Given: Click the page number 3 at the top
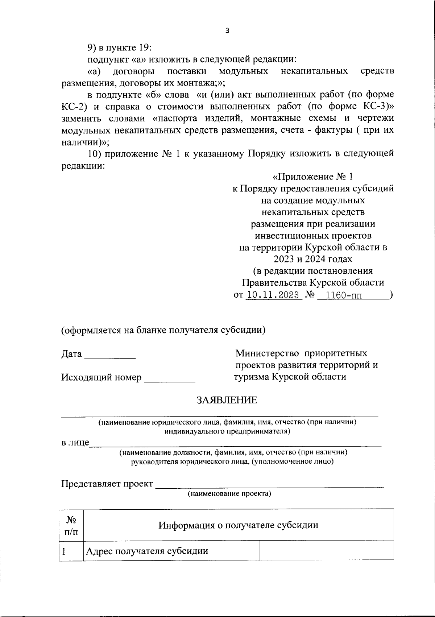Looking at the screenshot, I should (x=227, y=31).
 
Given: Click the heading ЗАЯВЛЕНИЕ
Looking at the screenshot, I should (x=227, y=400).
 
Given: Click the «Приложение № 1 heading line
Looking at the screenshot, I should (x=312, y=177).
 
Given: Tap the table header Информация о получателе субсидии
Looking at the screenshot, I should (x=238, y=525).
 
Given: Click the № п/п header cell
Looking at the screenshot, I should (x=71, y=525).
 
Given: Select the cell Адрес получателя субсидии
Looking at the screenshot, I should (x=147, y=551).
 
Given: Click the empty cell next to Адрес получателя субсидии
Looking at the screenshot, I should (x=327, y=551).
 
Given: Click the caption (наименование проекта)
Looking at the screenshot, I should (x=229, y=494).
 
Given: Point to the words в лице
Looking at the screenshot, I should (x=75, y=443).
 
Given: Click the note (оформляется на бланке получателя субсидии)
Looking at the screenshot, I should (x=163, y=330).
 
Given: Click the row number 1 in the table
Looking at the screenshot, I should (x=64, y=551).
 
